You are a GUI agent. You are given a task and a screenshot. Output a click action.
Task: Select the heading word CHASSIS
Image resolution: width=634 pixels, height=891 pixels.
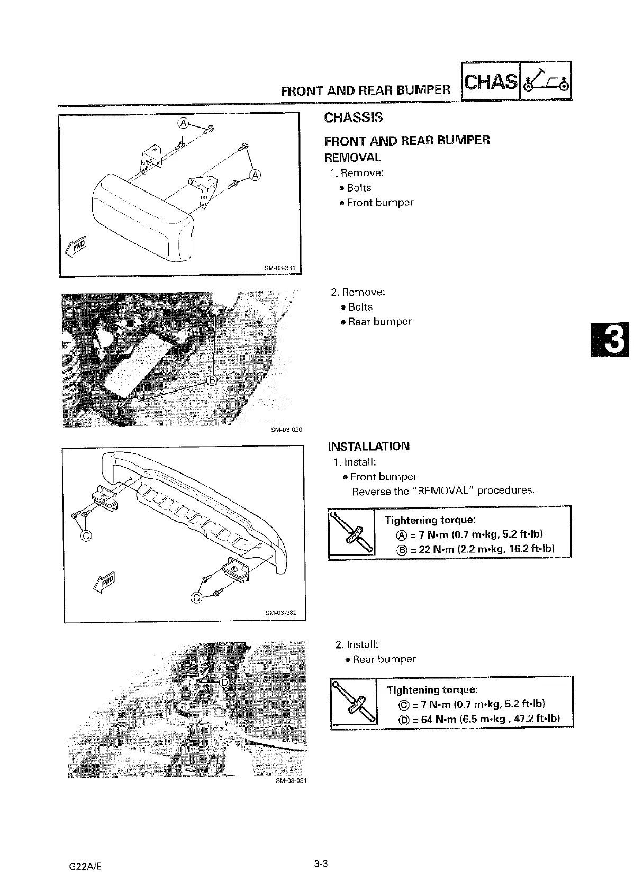click(x=353, y=117)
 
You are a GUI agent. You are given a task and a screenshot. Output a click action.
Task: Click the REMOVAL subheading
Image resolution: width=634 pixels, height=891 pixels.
click(x=352, y=158)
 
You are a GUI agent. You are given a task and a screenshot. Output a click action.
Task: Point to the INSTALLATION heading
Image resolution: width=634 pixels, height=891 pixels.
click(x=368, y=446)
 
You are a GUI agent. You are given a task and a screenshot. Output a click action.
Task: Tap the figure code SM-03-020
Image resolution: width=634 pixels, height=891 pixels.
click(x=286, y=430)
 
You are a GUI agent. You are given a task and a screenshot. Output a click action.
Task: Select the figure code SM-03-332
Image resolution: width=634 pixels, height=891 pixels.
click(x=281, y=613)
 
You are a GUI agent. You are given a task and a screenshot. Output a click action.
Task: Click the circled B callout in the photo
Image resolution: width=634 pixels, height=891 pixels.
click(x=211, y=380)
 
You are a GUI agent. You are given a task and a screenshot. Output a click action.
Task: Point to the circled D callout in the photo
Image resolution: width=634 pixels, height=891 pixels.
click(x=224, y=683)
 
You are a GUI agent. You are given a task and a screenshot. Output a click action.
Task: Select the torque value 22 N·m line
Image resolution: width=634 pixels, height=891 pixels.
click(x=475, y=549)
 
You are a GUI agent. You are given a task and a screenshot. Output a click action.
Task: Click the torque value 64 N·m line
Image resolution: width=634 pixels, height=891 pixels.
click(x=478, y=719)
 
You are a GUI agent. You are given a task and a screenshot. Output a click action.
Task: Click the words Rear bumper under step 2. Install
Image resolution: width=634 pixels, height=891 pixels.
click(x=384, y=659)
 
